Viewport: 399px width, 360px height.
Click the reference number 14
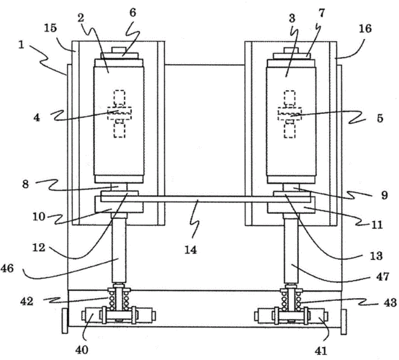pos(191,250)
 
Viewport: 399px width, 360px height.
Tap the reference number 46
pos(7,268)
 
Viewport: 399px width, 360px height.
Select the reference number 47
pos(382,276)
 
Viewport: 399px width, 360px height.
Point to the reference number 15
pos(50,28)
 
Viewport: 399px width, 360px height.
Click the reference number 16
pos(365,29)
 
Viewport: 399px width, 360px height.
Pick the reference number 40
pos(81,350)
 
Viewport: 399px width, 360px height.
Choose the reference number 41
pos(320,351)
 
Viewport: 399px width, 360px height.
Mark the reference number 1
pos(21,45)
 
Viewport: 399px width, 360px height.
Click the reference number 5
pos(380,118)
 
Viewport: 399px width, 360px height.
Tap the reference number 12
pos(39,247)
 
